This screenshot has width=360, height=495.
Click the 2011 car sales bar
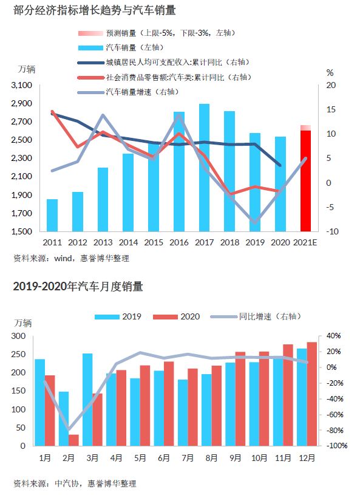click(52, 215)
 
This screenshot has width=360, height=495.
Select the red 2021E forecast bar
click(305, 181)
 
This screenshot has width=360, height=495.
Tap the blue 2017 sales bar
click(204, 167)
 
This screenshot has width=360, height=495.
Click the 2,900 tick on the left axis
click(21, 103)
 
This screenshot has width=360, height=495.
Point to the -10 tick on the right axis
click(332, 231)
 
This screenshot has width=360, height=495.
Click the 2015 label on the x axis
click(154, 242)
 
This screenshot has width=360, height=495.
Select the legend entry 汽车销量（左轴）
click(121, 47)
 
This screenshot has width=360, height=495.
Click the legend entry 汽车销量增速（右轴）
click(129, 92)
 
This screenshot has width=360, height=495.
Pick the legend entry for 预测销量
click(157, 33)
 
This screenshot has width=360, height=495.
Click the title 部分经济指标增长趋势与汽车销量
click(95, 10)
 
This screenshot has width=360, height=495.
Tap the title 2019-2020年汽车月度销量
click(78, 286)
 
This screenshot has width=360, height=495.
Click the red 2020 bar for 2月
click(73, 440)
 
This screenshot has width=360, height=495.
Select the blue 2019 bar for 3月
click(87, 400)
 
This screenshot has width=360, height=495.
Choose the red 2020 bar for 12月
click(311, 394)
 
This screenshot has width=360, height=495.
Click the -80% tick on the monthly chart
click(335, 430)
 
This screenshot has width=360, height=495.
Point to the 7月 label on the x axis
click(188, 458)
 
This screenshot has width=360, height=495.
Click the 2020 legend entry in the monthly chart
click(177, 316)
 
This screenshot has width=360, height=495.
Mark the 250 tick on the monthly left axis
click(19, 354)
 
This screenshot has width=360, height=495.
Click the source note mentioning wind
click(71, 258)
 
